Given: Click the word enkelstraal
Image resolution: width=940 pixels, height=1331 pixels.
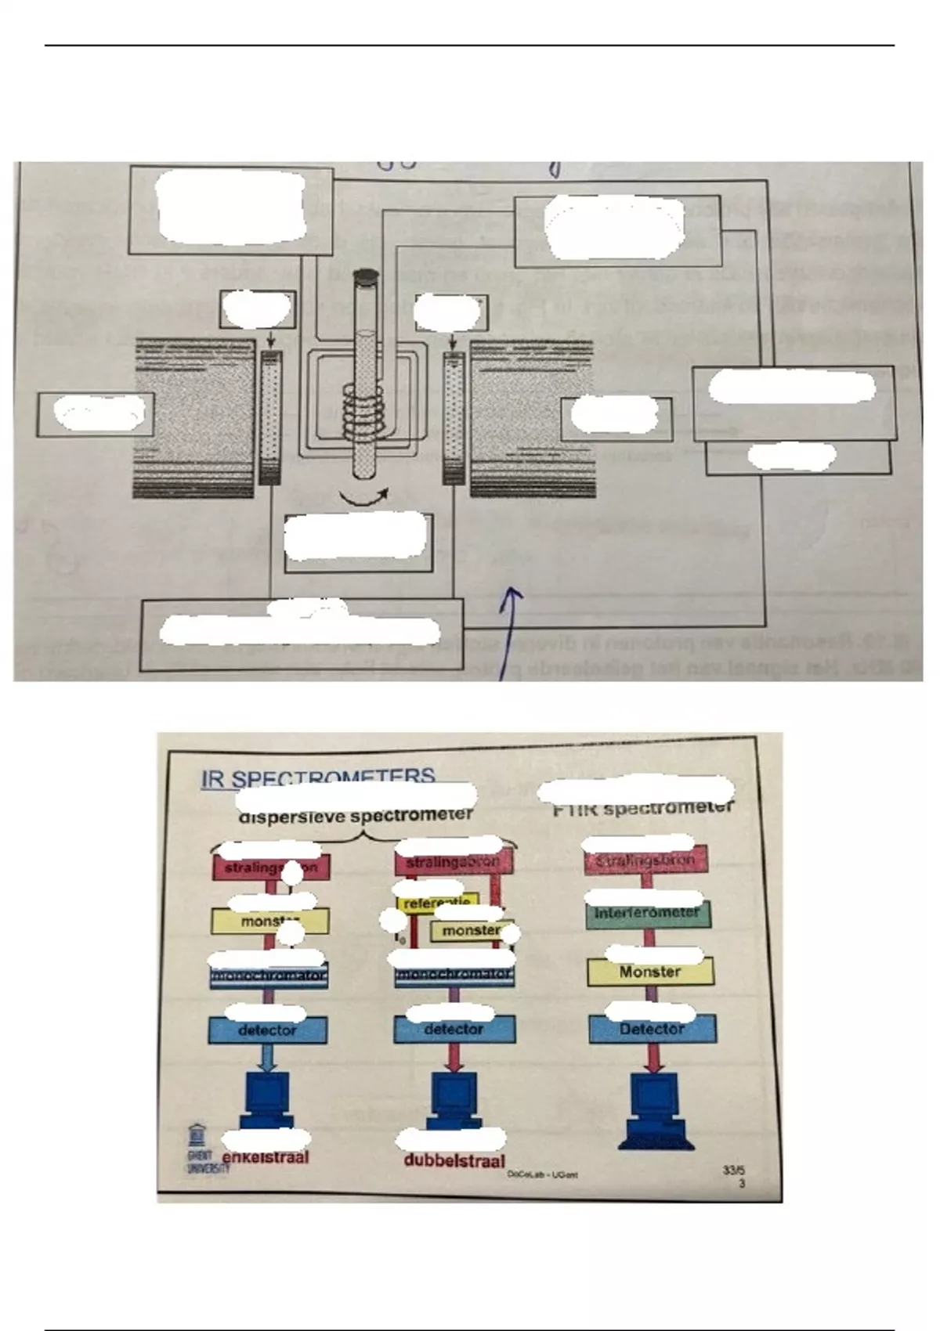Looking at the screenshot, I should tap(266, 1157).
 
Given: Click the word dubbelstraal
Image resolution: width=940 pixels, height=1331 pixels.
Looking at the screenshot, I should tap(454, 1160).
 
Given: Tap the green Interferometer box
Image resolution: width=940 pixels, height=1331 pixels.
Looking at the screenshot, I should tap(647, 914).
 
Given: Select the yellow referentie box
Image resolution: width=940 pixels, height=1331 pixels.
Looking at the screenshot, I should tap(436, 904).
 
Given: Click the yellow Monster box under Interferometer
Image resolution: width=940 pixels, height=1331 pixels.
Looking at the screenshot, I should tap(650, 972).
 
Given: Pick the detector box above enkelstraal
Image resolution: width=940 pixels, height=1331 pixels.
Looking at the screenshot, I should tap(267, 1030).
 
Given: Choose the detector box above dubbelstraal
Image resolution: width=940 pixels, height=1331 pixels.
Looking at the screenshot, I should tap(454, 1030).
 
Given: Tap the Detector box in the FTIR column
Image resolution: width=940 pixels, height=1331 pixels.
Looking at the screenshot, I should tap(652, 1030).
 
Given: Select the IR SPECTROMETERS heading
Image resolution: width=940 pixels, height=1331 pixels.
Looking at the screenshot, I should tap(317, 778).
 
